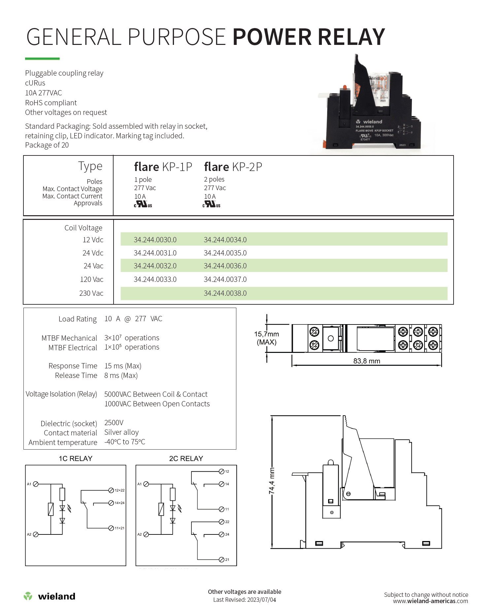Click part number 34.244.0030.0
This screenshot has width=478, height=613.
click(x=155, y=240)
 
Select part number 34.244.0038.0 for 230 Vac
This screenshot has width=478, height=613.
click(x=225, y=293)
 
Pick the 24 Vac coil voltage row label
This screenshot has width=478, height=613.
click(x=93, y=266)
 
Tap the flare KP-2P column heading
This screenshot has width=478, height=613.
click(x=233, y=167)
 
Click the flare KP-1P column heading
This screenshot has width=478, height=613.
click(x=163, y=167)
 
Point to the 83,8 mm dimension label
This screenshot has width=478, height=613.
click(x=366, y=361)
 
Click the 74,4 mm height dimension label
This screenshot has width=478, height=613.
click(x=272, y=481)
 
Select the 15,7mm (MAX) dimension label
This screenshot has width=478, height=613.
click(x=266, y=338)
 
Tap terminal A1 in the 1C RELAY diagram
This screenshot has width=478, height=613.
click(x=36, y=484)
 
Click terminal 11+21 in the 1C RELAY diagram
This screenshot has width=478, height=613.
click(x=111, y=528)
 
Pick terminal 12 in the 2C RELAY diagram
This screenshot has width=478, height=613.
click(x=222, y=471)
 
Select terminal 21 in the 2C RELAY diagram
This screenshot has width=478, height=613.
click(x=222, y=560)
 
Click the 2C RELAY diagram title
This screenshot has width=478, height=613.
click(x=186, y=459)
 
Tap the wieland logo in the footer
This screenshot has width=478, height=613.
click(x=50, y=596)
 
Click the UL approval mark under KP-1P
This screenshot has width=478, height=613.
click(x=143, y=204)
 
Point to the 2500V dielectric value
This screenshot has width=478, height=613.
click(x=114, y=423)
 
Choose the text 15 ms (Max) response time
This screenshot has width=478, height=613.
click(x=123, y=366)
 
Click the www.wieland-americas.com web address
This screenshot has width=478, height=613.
click(x=430, y=601)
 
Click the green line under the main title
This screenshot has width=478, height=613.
click(x=42, y=59)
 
